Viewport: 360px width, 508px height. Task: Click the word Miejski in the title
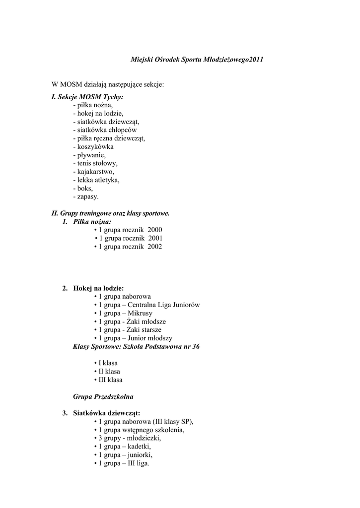142,60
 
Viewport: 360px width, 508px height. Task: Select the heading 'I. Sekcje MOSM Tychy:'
87,97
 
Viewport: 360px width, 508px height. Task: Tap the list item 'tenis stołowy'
95,163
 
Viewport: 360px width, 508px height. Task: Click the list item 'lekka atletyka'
96,180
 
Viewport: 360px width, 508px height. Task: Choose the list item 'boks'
83,189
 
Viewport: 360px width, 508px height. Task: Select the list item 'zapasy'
86,197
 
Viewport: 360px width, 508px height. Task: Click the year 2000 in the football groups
154,230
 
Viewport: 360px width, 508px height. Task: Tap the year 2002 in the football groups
154,247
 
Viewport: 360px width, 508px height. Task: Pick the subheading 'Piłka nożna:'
92,222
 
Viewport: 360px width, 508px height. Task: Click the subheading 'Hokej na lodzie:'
98,288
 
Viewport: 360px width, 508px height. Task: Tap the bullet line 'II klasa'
107,372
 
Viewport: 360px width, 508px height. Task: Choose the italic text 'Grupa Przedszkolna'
103,397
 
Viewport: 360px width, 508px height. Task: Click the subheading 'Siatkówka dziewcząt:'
106,413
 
